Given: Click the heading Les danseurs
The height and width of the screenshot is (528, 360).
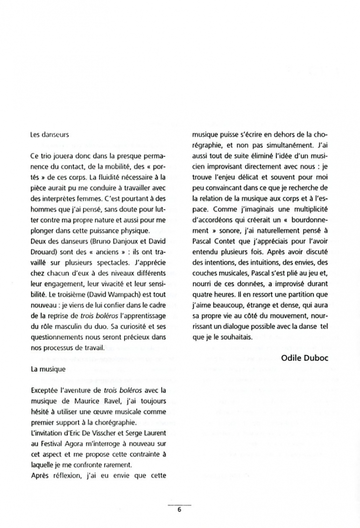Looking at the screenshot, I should tap(49, 135).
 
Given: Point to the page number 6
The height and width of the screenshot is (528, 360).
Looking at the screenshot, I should tap(179, 510).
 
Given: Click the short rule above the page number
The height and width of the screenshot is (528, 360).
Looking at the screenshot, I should tap(179, 505).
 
